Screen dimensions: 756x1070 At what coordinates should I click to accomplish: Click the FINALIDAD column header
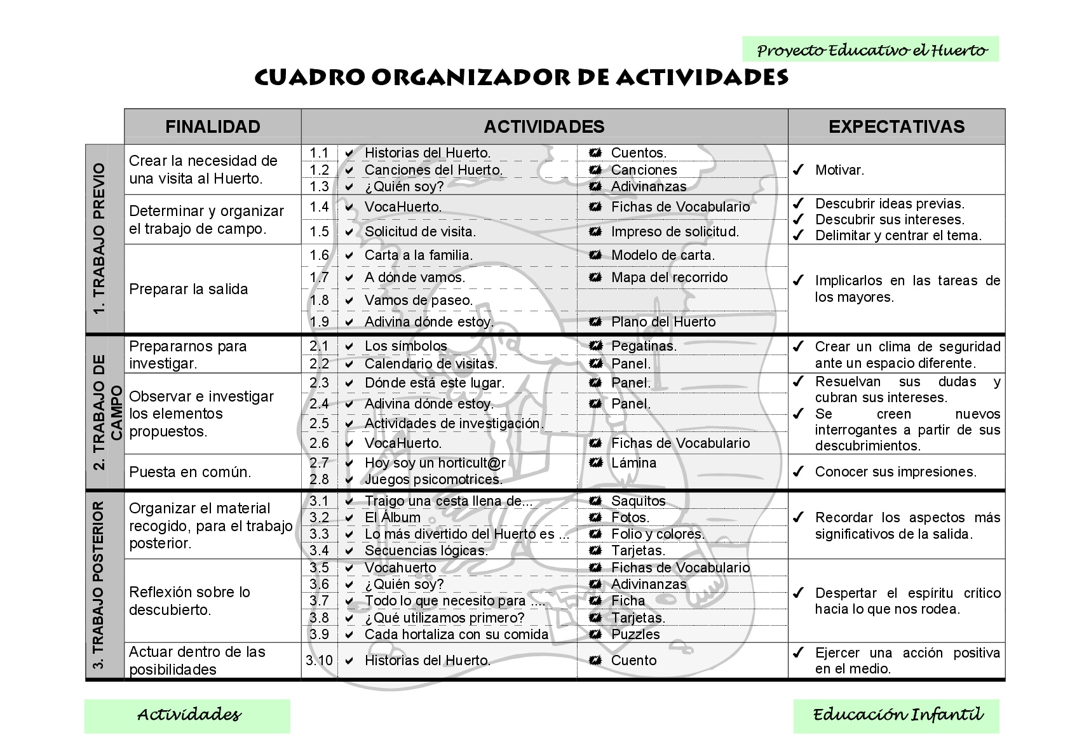212,126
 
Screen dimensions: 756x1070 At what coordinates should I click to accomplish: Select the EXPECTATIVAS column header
896,126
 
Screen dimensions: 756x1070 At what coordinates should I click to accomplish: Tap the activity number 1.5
319,231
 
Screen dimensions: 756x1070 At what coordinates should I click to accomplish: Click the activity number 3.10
319,660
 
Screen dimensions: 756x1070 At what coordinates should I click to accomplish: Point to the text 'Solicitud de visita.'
420,231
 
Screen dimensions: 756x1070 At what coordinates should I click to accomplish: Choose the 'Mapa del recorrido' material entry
669,277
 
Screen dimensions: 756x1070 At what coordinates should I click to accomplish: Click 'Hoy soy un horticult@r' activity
435,462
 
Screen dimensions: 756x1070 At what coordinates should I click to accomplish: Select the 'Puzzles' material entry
635,634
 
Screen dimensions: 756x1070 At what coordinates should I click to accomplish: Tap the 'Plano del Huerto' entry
663,321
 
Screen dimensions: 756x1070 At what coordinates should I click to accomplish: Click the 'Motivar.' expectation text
839,170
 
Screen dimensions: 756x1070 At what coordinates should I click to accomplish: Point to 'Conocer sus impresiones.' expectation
895,471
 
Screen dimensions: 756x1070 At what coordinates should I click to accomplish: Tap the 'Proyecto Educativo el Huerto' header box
870,50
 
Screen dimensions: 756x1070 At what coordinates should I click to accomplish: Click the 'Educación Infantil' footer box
896,715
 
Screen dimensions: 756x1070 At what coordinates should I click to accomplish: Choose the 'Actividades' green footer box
188,715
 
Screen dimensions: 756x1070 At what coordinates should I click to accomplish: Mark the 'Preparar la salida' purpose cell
189,289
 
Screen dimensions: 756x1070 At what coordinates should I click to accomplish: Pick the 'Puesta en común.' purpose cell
190,472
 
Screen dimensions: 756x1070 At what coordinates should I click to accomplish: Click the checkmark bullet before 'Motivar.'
799,170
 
